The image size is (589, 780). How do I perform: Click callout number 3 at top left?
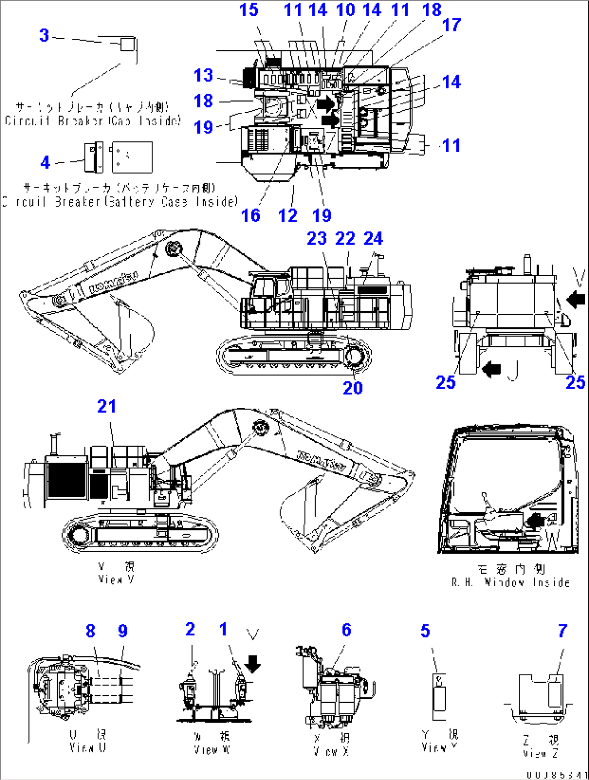(44, 36)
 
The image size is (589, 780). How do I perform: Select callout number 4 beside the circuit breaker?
(45, 162)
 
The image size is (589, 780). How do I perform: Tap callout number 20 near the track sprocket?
(353, 388)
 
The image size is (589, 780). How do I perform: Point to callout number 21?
(106, 406)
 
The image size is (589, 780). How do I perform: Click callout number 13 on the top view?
(204, 76)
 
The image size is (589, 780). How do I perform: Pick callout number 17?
(451, 25)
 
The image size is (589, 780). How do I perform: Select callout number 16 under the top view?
(251, 216)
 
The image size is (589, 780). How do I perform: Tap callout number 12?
(287, 216)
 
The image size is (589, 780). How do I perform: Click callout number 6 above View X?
(346, 630)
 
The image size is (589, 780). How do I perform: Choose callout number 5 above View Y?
(425, 631)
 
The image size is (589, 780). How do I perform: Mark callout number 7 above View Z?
(563, 630)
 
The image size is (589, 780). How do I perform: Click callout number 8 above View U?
(90, 631)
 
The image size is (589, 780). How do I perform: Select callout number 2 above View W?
(190, 629)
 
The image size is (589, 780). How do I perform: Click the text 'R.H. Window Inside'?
(511, 582)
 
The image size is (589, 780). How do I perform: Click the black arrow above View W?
(252, 663)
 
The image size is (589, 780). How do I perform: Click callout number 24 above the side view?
(373, 238)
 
